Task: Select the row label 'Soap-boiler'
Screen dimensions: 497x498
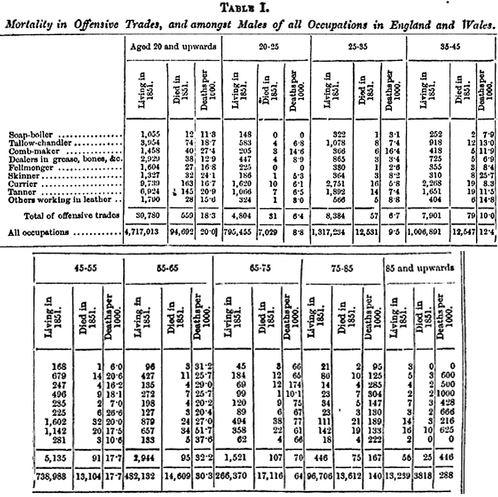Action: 31,135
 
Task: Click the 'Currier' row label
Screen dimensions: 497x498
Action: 23,184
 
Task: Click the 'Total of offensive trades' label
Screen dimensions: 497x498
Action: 72,215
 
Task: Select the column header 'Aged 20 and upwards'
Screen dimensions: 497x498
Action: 173,47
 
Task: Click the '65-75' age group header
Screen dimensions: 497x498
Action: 260,268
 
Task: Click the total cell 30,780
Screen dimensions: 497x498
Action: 148,215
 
